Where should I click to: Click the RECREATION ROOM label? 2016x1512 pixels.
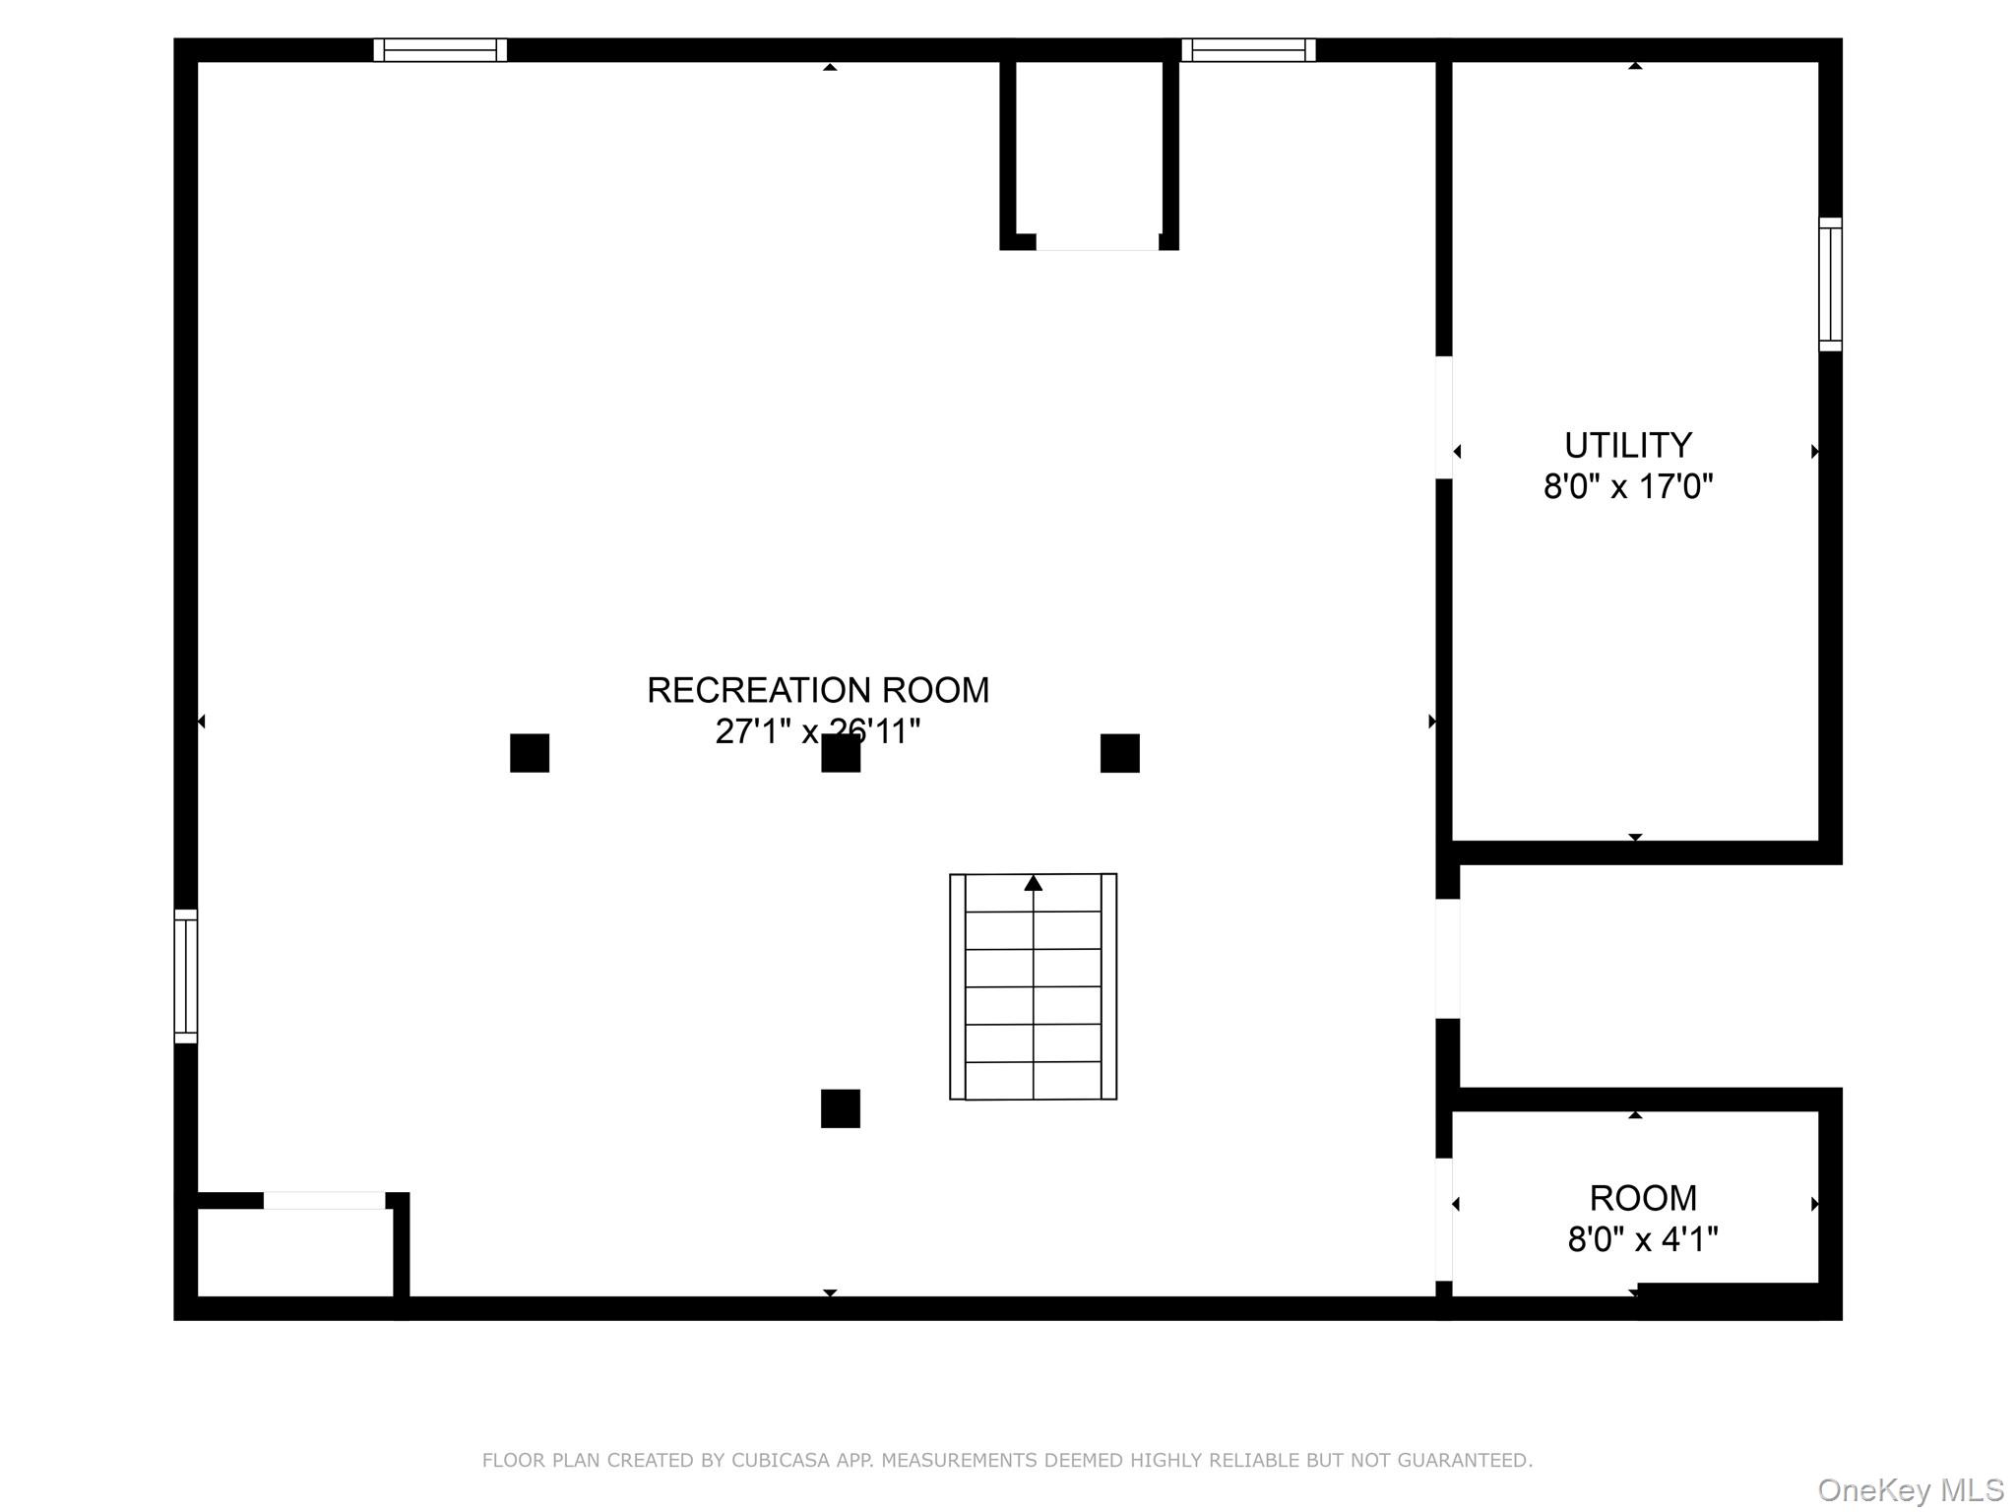[817, 690]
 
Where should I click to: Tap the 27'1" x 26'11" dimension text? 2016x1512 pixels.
[817, 731]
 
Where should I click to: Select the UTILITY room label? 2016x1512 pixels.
[1628, 446]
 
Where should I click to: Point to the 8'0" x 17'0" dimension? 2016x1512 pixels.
[1628, 486]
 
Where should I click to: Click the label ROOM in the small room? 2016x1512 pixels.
[1643, 1198]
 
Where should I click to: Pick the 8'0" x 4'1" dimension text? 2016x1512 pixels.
[1643, 1238]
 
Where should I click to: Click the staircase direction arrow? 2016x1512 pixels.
[1033, 883]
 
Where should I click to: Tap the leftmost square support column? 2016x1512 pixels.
[530, 753]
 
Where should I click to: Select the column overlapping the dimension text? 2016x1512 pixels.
[841, 754]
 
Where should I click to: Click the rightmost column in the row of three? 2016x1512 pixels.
[1120, 753]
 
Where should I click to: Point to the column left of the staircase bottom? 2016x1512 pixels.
[841, 1108]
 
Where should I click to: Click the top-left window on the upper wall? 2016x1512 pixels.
[440, 50]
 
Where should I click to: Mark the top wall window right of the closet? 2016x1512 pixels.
[1248, 50]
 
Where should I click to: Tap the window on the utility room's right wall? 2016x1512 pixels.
[1830, 284]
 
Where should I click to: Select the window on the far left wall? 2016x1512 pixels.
[186, 976]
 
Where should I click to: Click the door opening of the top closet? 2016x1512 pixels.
[1097, 243]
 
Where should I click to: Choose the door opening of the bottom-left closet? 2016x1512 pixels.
[324, 1200]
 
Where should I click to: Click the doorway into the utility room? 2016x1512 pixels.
[1444, 417]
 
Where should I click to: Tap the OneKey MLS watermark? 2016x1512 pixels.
[1910, 1490]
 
